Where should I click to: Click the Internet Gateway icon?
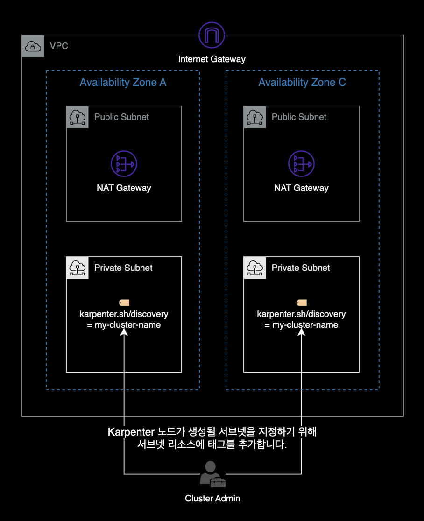tap(212, 35)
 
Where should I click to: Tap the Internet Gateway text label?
tap(212, 59)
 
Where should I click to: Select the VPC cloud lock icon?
tap(33, 46)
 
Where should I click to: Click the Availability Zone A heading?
tap(123, 83)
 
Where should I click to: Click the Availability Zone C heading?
tap(302, 83)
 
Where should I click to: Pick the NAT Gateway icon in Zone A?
tap(124, 163)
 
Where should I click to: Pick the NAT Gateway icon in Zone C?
tap(301, 163)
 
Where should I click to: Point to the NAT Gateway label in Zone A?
tap(124, 188)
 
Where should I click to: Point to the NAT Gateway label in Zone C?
tap(301, 188)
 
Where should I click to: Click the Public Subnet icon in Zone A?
tap(78, 117)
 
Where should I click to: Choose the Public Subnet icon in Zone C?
tap(255, 117)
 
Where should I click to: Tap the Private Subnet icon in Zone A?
tap(78, 268)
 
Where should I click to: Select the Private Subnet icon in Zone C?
tap(255, 268)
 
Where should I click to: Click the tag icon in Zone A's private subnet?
tap(124, 303)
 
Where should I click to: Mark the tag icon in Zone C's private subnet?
tap(301, 303)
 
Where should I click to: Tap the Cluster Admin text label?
tap(212, 498)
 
